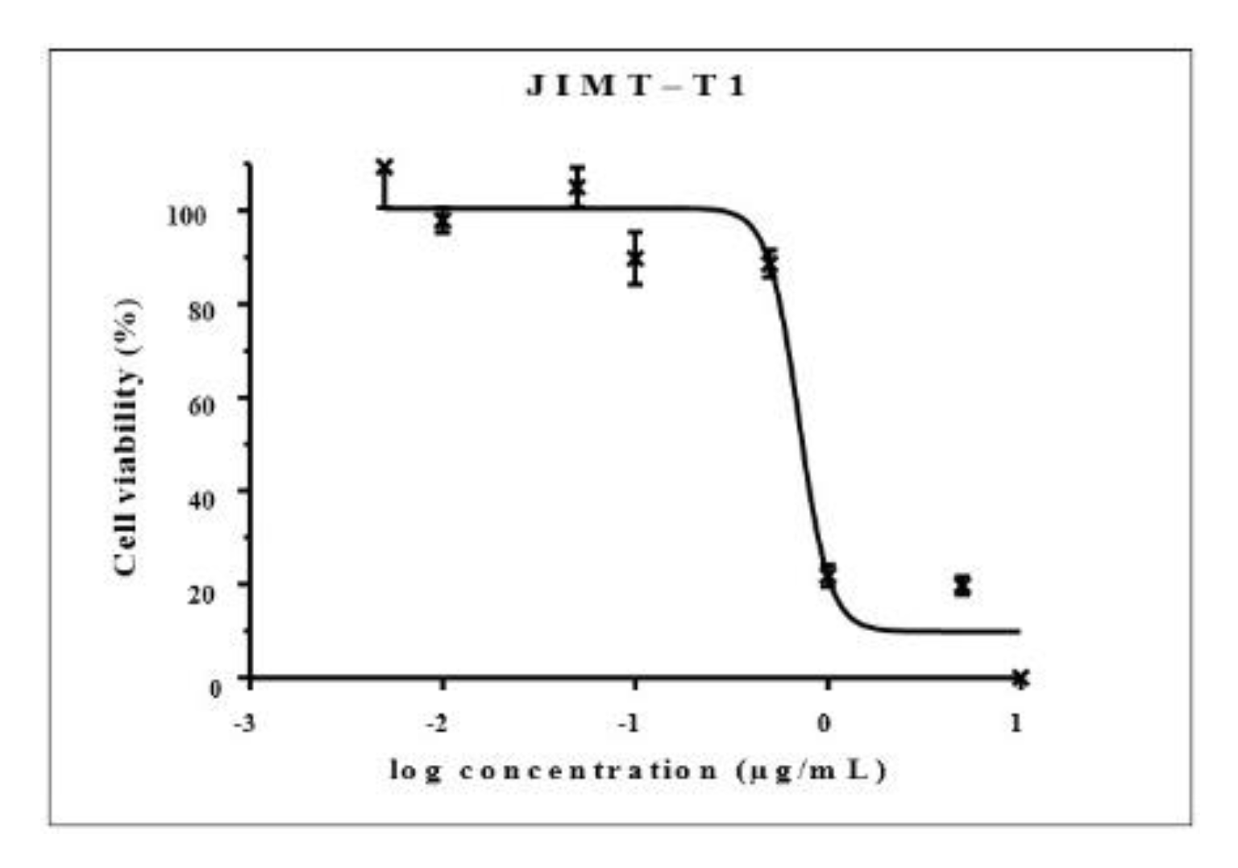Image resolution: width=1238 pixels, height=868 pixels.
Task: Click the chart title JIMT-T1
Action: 636,85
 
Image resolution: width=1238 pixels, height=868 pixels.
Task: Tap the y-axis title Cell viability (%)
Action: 127,437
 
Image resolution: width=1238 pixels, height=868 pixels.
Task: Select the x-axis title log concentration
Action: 638,770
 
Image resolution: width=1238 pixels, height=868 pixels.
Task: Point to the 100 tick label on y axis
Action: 186,215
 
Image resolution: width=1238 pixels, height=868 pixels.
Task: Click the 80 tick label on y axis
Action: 201,309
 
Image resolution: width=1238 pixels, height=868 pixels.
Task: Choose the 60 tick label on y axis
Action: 201,404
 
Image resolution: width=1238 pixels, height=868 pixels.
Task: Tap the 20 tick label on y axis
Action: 201,593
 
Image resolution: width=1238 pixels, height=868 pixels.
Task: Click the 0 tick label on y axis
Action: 214,687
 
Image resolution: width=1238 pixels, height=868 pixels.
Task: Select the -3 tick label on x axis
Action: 244,723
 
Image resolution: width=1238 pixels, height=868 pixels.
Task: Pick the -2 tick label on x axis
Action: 437,723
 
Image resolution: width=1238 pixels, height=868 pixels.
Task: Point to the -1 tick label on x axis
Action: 629,723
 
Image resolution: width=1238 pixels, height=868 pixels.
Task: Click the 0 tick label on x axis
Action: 824,723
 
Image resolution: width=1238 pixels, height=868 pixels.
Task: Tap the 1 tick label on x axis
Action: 1016,723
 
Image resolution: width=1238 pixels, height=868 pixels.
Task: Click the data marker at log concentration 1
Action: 1020,679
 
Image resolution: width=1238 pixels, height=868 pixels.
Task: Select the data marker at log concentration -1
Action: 635,258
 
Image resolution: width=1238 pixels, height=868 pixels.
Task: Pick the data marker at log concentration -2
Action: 442,221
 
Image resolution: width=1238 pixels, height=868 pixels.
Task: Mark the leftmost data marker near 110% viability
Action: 384,168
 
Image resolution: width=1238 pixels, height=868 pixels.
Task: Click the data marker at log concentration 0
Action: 828,575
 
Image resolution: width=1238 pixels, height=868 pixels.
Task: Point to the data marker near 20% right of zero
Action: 962,585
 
